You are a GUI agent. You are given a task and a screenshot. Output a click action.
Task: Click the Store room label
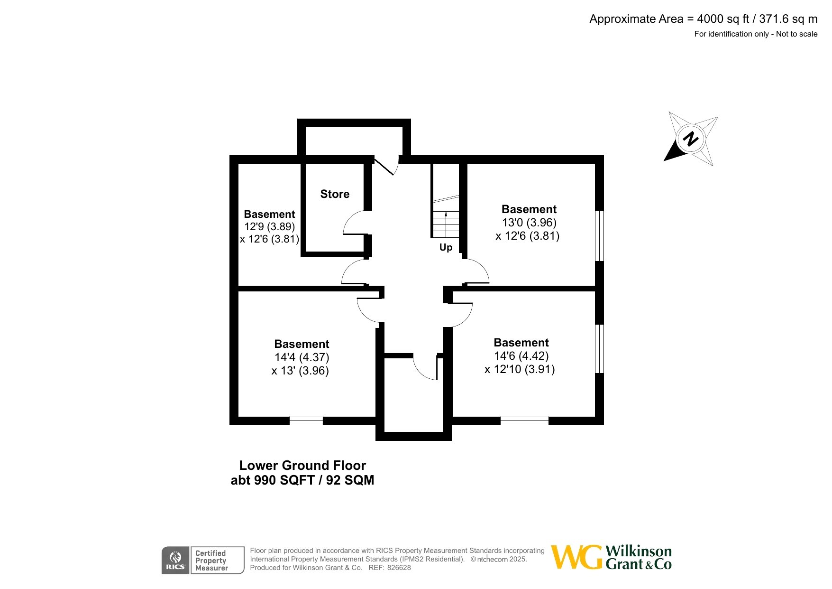(x=335, y=194)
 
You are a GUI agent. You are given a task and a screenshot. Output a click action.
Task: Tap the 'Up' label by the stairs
(x=446, y=248)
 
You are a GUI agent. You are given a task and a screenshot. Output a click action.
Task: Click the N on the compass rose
(x=691, y=139)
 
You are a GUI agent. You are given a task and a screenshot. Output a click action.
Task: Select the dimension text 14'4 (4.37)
(x=302, y=357)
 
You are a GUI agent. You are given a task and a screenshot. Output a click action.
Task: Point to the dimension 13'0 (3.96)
(x=529, y=223)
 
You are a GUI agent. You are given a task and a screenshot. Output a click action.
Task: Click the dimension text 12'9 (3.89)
(x=270, y=227)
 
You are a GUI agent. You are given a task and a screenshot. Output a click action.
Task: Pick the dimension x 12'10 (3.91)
(x=520, y=369)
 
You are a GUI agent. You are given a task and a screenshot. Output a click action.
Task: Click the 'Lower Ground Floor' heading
(x=302, y=466)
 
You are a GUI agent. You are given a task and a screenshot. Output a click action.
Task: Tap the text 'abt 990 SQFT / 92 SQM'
(x=302, y=480)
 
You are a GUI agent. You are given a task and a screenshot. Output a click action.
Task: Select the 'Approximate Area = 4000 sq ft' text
(x=669, y=19)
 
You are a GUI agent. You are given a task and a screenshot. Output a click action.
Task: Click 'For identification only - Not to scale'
(x=756, y=34)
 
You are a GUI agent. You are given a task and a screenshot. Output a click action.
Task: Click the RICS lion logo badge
(x=175, y=561)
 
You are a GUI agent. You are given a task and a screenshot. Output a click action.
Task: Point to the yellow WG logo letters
(x=577, y=557)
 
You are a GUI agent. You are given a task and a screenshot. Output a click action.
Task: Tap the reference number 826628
(x=399, y=568)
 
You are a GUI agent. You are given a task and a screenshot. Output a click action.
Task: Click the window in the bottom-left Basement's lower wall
(x=306, y=421)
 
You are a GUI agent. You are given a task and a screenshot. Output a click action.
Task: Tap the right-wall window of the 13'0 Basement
(x=600, y=236)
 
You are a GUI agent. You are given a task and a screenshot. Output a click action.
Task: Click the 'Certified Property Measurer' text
(x=211, y=561)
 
